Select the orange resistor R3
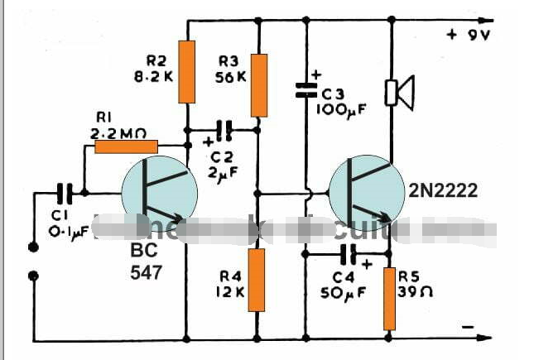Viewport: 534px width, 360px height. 259,84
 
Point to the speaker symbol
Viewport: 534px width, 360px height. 402,93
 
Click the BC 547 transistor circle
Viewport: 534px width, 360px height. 160,194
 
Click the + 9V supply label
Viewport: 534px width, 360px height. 470,35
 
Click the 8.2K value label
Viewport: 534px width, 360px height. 154,76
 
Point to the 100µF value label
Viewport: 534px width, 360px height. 339,108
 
